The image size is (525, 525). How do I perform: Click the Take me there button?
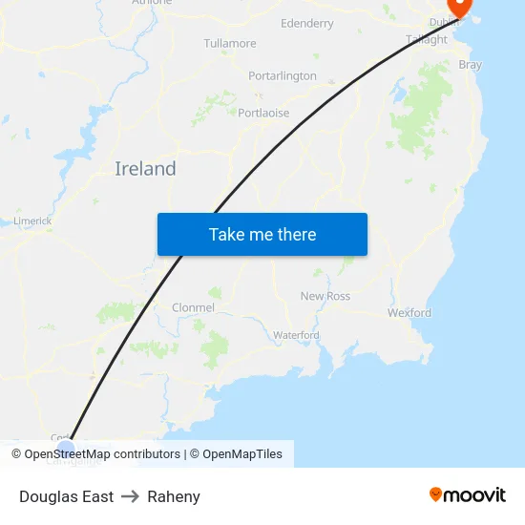point(262,234)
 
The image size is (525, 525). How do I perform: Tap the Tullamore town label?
point(230,44)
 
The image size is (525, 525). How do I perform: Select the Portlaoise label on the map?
point(262,112)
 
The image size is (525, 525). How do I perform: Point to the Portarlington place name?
point(282,76)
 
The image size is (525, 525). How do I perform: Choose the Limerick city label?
point(32,221)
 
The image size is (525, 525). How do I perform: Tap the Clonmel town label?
point(193,307)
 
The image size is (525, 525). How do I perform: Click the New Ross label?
point(325,296)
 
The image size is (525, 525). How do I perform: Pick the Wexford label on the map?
point(409,313)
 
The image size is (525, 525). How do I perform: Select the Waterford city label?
point(296,335)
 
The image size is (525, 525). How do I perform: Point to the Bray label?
point(471,66)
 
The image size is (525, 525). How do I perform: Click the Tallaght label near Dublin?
point(427,40)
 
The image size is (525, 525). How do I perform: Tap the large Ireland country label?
point(145,169)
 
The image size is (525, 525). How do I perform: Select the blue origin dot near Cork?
point(65,445)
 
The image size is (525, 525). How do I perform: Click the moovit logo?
point(468,495)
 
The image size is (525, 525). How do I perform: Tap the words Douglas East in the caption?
point(66,496)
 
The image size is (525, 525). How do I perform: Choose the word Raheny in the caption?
point(174,496)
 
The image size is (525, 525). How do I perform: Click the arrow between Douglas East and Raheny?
point(130,496)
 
